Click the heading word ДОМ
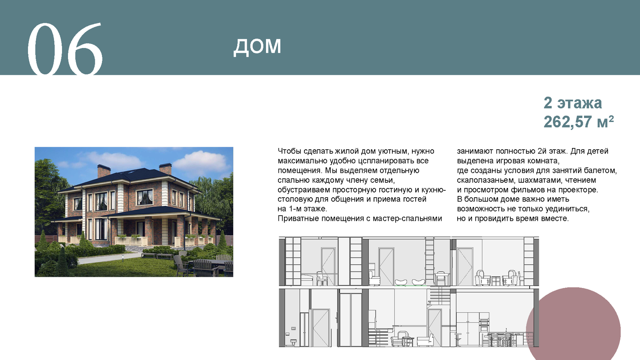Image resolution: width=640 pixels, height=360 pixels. tap(258, 46)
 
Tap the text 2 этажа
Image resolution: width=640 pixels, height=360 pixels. tap(572, 103)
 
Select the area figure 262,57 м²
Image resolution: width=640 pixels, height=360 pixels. tap(578, 122)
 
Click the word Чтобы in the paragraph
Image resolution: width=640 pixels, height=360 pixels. tap(290, 151)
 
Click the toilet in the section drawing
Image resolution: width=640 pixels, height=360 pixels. tap(293, 342)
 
